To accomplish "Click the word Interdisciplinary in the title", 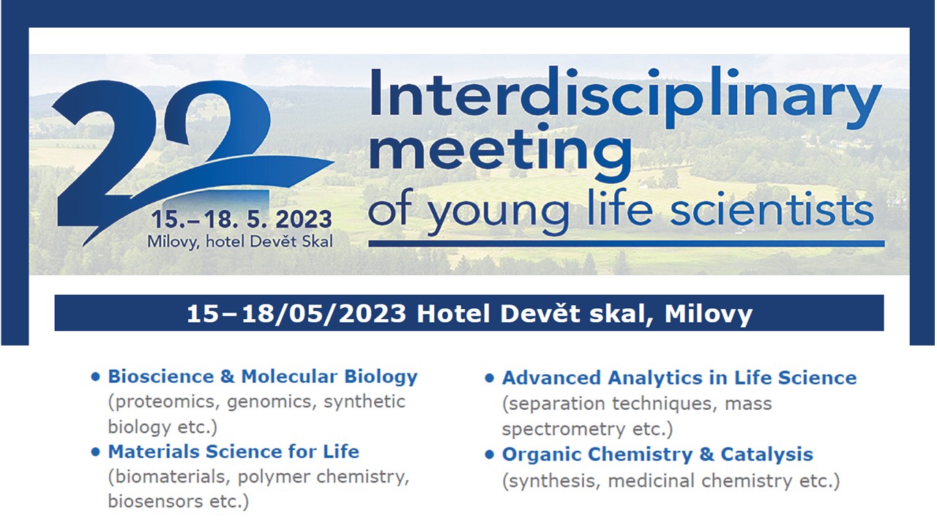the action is click(626, 97).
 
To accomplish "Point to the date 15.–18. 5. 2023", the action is click(242, 219).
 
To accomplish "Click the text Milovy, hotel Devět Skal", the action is click(240, 242).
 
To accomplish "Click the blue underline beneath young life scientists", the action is click(626, 244).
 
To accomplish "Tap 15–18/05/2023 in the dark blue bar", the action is click(296, 314).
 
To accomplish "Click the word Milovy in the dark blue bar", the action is click(709, 314).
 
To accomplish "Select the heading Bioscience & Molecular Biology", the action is click(263, 376).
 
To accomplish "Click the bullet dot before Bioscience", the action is click(95, 377).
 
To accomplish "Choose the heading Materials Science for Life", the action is click(234, 452).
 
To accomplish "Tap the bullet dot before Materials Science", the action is click(95, 452).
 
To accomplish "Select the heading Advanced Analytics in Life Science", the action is click(679, 378).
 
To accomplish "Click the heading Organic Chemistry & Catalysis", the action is click(657, 455).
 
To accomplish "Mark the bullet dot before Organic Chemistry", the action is click(490, 455).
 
